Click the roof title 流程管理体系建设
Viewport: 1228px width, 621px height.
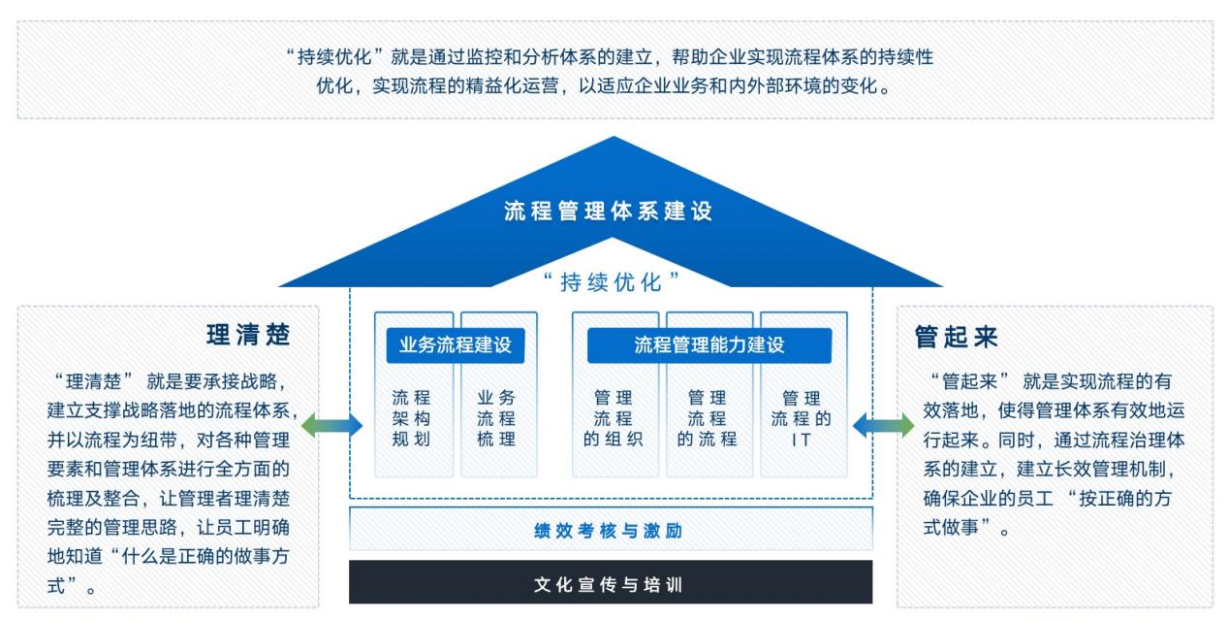coord(608,212)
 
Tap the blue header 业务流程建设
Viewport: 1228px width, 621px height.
coord(455,344)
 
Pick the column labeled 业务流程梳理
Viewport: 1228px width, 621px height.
coord(496,418)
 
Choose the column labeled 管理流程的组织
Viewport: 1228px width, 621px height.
coord(614,418)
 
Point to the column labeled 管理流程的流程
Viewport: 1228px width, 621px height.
coord(708,418)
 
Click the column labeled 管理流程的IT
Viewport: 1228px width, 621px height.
coord(802,418)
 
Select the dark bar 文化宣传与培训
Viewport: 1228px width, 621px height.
coord(611,585)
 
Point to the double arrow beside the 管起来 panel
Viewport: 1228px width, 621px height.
coord(883,424)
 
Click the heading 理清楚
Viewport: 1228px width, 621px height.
coord(248,336)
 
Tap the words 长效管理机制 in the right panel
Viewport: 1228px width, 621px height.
coord(1105,470)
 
